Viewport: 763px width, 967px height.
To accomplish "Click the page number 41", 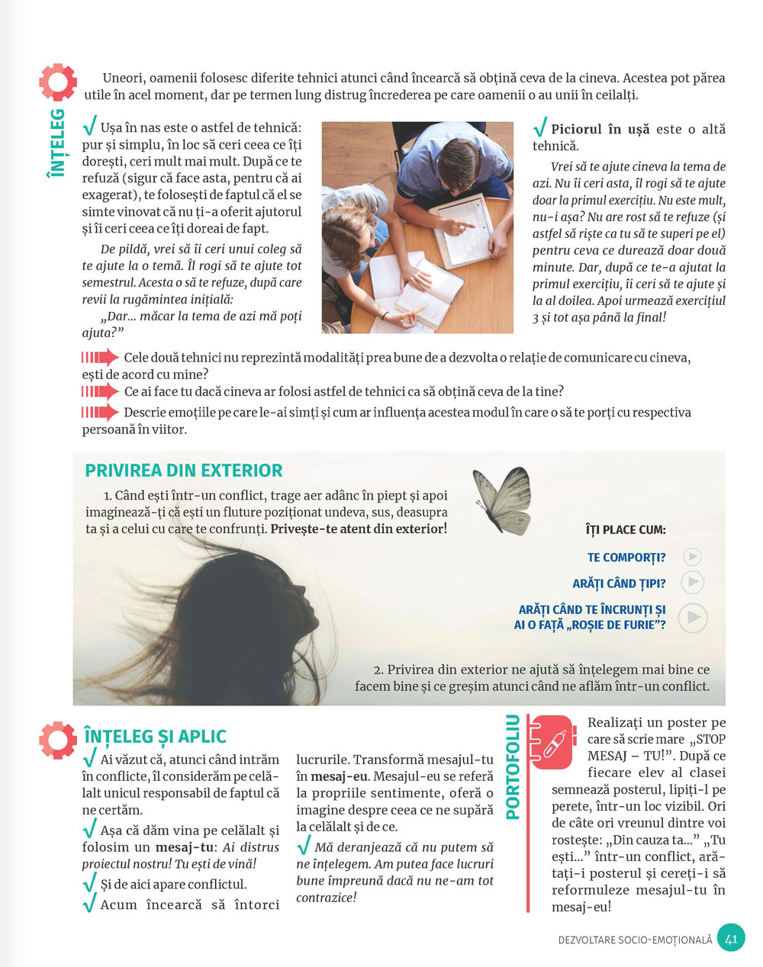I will [731, 938].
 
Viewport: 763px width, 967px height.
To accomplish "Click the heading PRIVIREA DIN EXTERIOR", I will [184, 471].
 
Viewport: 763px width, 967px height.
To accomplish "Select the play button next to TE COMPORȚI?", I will [692, 557].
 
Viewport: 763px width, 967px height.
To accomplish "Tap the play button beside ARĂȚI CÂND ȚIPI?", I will [691, 583].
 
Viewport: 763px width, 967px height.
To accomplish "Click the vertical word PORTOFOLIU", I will [513, 766].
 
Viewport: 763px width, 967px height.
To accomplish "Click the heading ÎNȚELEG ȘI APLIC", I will [156, 737].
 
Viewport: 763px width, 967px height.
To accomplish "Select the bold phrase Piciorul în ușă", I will [600, 130].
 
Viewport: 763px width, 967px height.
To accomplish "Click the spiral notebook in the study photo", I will [463, 229].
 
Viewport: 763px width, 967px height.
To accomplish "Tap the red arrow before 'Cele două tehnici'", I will [100, 358].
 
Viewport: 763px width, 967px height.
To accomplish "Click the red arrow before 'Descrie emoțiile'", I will [100, 413].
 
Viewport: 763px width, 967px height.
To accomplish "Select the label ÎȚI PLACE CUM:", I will [625, 529].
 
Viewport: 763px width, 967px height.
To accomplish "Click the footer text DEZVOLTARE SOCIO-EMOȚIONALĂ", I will [635, 940].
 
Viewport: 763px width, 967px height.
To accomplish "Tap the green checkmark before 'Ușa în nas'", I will [89, 126].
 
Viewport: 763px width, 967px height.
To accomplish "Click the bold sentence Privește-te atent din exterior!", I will [359, 528].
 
